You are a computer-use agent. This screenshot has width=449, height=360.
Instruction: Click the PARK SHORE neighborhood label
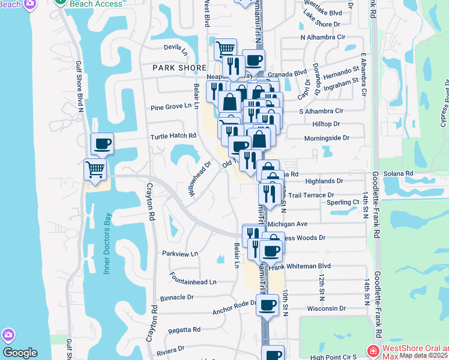coord(179,68)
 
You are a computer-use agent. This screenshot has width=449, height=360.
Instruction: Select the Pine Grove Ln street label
coord(174,106)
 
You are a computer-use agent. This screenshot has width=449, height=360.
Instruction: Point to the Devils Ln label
coord(175,47)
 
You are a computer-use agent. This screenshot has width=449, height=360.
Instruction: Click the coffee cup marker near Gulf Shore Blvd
coord(101,144)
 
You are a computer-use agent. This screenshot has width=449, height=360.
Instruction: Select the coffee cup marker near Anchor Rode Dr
coord(267,305)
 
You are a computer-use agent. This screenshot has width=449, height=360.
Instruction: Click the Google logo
coord(20,353)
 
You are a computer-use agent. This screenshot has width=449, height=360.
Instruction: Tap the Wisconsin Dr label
coord(326,308)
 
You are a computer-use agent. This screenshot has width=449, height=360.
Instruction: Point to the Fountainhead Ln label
coord(193,281)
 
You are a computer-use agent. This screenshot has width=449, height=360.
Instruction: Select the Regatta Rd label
coord(184,329)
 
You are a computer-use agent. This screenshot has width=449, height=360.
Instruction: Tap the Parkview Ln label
coord(180,254)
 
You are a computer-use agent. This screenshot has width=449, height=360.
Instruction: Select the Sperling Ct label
coord(343,203)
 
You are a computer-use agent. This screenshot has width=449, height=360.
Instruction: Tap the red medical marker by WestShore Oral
coord(372,351)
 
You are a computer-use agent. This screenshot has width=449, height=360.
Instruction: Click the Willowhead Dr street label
coord(200,179)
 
